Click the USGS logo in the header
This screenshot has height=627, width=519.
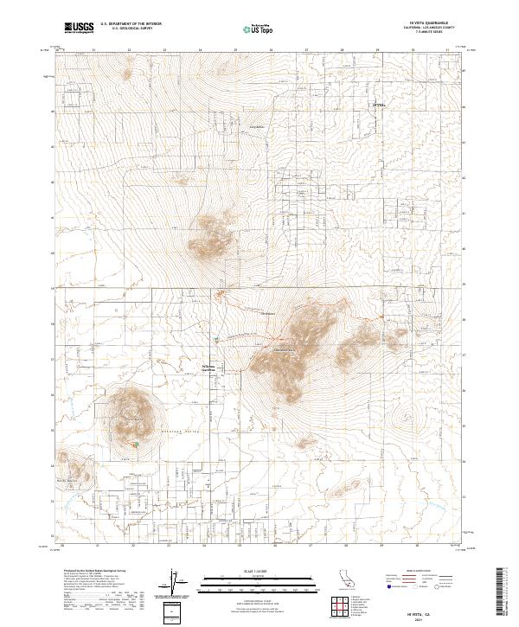(x=79, y=28)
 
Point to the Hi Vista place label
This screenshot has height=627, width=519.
(x=377, y=106)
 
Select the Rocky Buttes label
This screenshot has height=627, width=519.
(x=67, y=479)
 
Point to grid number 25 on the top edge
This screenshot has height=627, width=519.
(x=235, y=50)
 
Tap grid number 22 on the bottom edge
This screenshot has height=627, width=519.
(x=131, y=546)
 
